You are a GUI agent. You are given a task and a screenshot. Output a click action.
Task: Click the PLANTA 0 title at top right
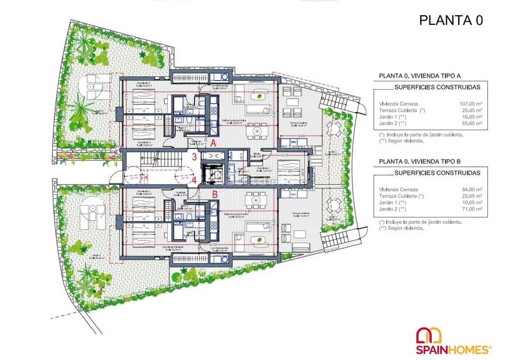[x=451, y=20]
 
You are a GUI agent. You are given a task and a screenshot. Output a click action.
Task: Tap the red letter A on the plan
[x=214, y=144]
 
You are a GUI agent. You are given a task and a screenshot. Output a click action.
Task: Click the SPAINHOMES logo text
[x=454, y=349]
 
